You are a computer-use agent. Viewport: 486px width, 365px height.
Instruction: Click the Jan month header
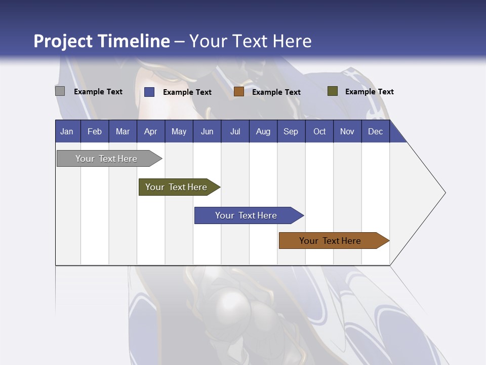[x=67, y=131]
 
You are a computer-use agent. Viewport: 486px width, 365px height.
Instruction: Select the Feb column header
[x=95, y=131]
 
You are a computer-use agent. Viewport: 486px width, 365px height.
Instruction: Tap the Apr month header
[x=150, y=131]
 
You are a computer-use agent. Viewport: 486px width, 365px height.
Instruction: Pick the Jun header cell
[x=207, y=131]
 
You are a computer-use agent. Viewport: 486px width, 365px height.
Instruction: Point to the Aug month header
[x=263, y=131]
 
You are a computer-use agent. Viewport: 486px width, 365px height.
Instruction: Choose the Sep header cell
[x=291, y=131]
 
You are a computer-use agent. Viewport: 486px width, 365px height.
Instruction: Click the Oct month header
[x=319, y=131]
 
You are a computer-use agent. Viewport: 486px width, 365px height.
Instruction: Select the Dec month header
[x=375, y=131]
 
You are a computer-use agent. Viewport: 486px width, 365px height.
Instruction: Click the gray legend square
[x=60, y=91]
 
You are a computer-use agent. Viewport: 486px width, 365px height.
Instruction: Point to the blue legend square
[x=149, y=92]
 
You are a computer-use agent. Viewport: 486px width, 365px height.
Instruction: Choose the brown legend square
[x=239, y=92]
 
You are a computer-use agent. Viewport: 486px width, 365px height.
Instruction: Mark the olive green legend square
[x=332, y=91]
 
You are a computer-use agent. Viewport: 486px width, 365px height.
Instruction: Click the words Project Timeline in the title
[x=102, y=41]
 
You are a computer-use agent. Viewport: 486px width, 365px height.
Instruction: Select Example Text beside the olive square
[x=369, y=92]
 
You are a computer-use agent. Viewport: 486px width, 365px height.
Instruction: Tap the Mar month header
[x=123, y=131]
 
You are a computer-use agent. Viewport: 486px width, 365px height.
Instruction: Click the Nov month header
[x=347, y=131]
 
